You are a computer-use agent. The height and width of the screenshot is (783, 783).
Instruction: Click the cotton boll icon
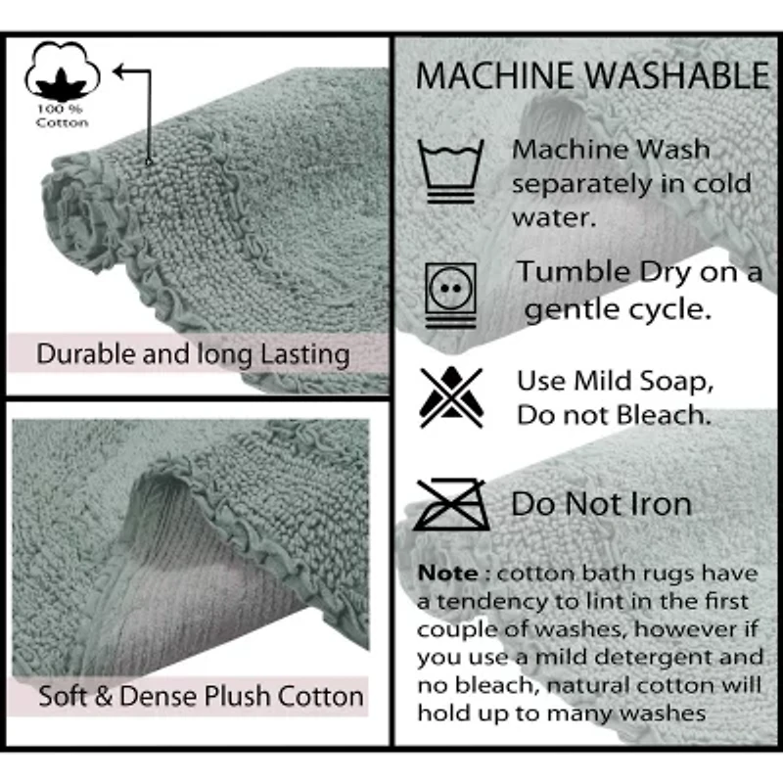pos(62,70)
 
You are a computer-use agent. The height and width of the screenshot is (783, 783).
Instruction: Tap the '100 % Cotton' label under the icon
pos(62,115)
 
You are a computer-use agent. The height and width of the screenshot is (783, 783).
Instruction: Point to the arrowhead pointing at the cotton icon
pos(118,70)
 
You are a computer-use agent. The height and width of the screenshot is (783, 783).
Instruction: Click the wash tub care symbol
pos(450,171)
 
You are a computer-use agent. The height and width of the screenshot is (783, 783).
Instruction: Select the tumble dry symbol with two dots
pos(450,296)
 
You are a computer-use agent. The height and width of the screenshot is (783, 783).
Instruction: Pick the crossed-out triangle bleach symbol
pos(451,397)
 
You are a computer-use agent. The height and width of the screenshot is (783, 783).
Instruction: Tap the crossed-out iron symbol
pos(451,504)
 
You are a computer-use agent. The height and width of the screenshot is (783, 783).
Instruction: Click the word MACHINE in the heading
pos(494,76)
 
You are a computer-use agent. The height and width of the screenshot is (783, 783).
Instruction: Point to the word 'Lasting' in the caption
pos(305,355)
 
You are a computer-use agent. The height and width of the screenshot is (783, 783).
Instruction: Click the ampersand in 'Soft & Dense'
pos(103,697)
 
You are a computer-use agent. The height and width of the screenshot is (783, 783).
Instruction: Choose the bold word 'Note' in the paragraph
pos(448,573)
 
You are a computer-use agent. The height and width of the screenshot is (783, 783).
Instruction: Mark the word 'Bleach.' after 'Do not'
pos(664,415)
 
